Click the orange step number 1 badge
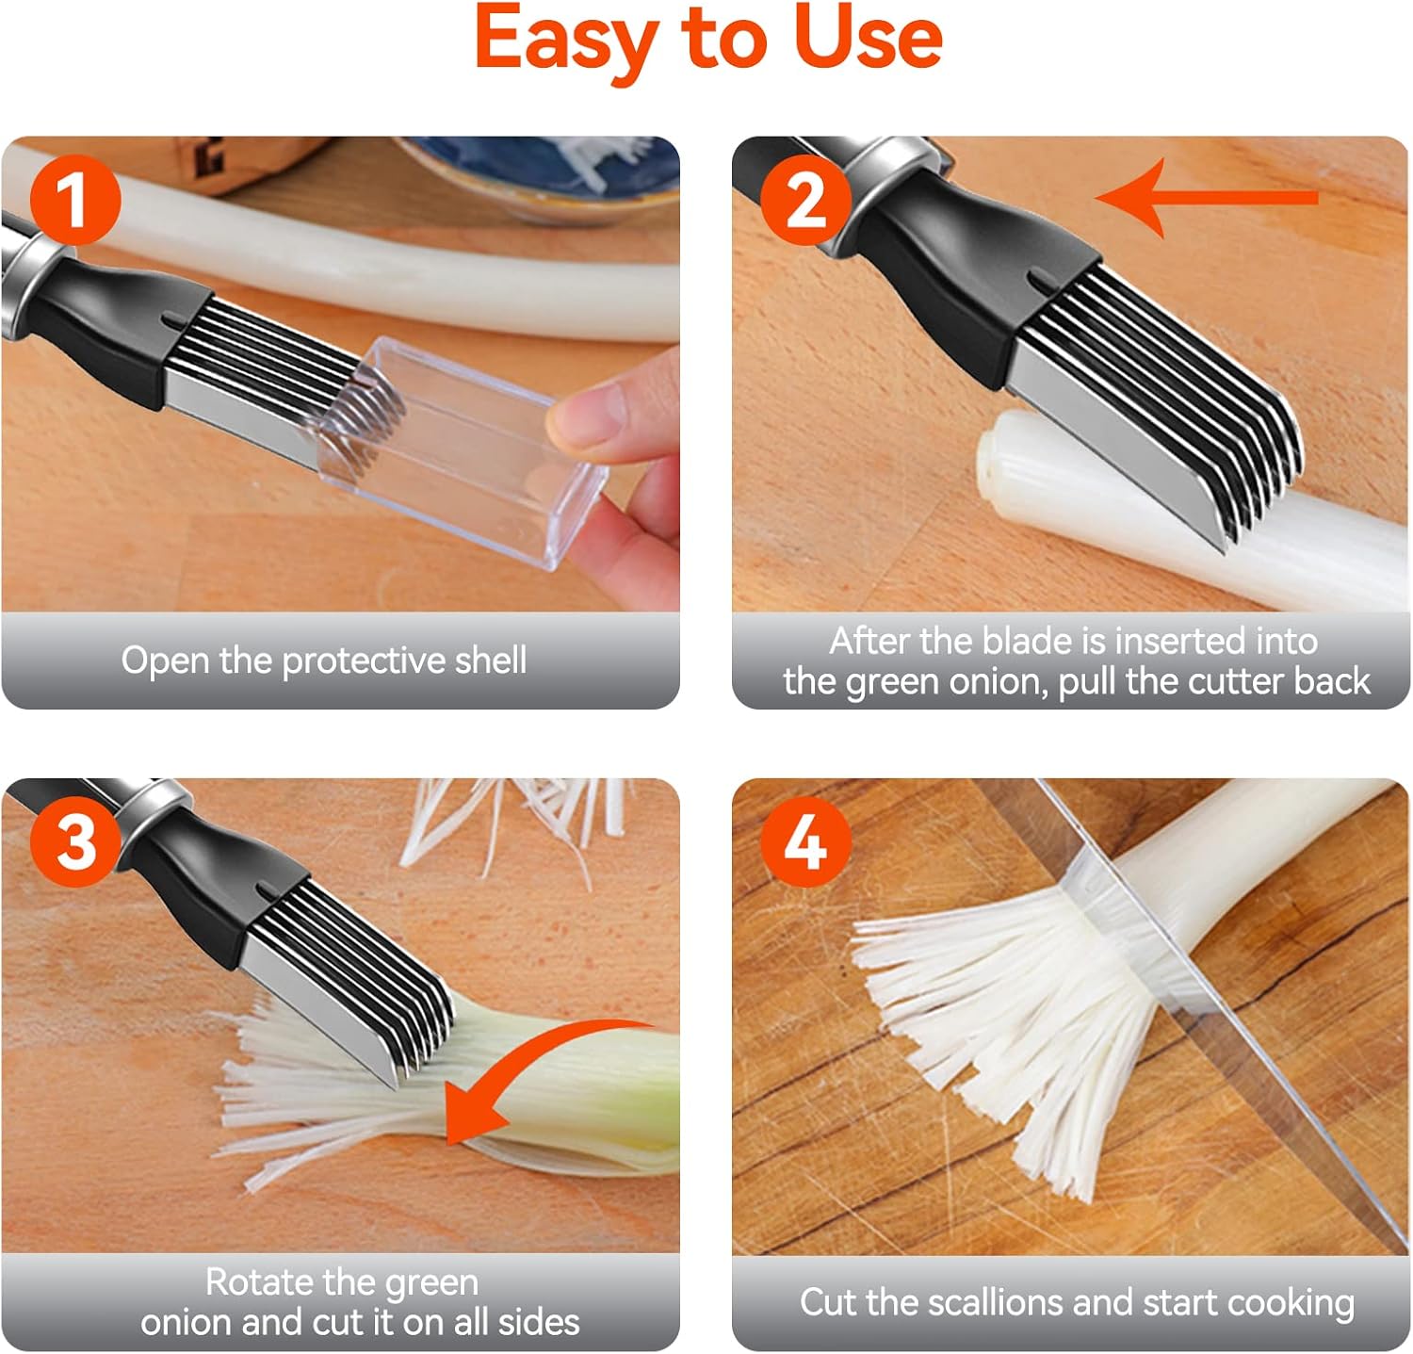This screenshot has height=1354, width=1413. (x=75, y=200)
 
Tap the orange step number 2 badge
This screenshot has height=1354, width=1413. (x=806, y=200)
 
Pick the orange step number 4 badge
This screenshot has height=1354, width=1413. (x=806, y=840)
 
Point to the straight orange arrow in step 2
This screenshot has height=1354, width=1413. (x=1207, y=198)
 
